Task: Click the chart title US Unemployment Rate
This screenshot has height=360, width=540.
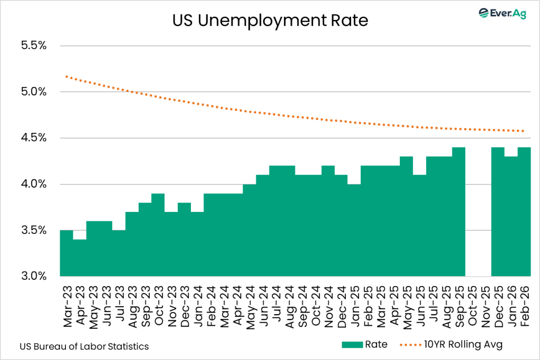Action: coord(269,21)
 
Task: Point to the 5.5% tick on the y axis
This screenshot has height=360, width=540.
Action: coord(33,46)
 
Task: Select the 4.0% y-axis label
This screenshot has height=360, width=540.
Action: coord(33,184)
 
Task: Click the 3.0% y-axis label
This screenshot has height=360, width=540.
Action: coord(33,276)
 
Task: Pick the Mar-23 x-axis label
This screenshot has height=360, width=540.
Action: coord(67,300)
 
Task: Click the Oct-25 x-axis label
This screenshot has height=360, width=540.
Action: coord(471,300)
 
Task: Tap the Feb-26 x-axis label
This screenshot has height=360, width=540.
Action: coord(524,300)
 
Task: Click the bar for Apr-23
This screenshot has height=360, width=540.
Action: coord(80,258)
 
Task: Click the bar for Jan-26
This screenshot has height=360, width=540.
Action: coord(510,216)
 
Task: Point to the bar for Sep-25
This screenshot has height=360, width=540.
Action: coord(458,211)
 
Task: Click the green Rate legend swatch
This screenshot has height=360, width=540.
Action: coord(352,345)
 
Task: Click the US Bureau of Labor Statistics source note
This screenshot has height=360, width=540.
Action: coord(84,346)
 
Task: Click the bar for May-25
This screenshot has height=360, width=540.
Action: coord(406,216)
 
